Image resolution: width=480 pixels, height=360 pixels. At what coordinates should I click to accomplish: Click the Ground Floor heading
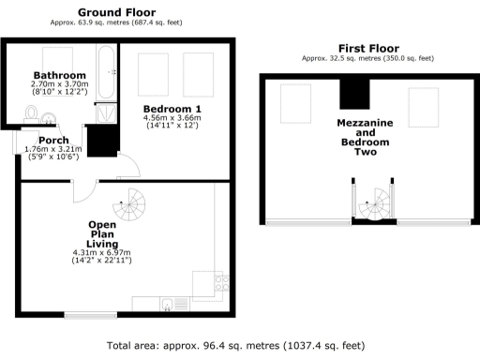pyautogui.click(x=117, y=12)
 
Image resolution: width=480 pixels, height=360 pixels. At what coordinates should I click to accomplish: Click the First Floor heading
pyautogui.click(x=367, y=48)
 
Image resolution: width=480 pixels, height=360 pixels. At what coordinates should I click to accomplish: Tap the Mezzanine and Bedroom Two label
pyautogui.click(x=368, y=137)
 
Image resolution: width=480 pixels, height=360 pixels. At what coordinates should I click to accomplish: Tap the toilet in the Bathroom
pyautogui.click(x=32, y=114)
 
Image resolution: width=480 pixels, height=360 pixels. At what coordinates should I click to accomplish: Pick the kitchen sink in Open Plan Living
pyautogui.click(x=166, y=303)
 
